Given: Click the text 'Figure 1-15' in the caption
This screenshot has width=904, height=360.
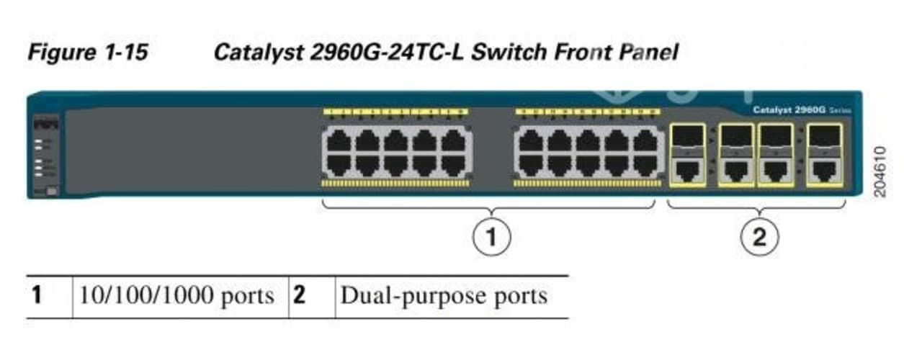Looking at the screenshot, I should (87, 53).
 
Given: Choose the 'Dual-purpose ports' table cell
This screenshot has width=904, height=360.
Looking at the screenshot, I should (443, 296).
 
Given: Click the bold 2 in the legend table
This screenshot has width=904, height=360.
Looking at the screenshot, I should (299, 296).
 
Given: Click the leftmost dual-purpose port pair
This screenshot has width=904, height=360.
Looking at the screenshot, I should (687, 156).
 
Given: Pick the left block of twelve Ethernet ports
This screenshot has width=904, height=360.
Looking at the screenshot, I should (395, 152).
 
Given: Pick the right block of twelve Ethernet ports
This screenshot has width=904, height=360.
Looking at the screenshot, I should (589, 152).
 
